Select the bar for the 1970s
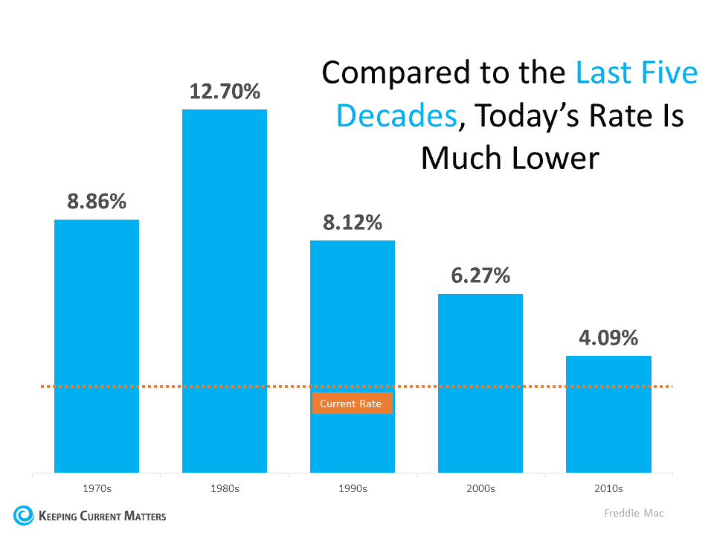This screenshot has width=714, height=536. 97,346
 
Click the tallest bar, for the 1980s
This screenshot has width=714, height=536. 225,290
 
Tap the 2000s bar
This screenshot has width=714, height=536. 480,383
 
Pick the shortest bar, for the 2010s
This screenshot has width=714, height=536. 608,414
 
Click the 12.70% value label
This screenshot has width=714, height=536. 225,92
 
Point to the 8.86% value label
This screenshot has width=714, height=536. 97,202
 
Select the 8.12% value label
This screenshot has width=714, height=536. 353,223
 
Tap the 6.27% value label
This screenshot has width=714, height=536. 480,275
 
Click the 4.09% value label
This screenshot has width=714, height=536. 608,338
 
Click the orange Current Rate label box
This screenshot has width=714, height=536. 351,403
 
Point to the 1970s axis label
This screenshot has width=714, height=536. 97,489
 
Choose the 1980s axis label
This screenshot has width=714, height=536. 225,489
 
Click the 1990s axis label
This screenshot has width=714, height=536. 353,489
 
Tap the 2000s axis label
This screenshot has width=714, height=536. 480,489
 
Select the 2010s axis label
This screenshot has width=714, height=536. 608,489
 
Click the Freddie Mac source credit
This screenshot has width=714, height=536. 633,514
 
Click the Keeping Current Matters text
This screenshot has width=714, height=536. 103,515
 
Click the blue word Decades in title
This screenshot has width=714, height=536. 395,116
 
